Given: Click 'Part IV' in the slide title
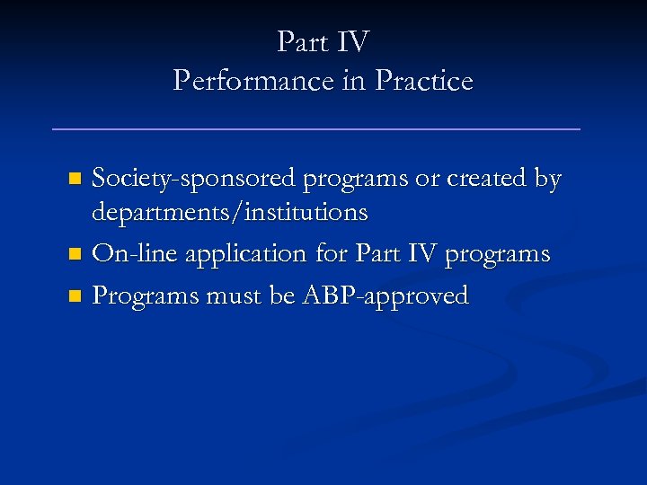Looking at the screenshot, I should (323, 41).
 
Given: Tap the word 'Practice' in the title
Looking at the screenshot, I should (424, 81).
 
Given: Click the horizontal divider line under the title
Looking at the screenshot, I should (316, 129).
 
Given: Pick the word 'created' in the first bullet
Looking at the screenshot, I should (486, 179).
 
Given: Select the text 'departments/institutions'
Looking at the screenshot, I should (229, 213).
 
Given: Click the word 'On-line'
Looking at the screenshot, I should (135, 254).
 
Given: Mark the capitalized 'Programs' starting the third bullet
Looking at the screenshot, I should (149, 296).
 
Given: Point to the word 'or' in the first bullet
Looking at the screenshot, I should (427, 180).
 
